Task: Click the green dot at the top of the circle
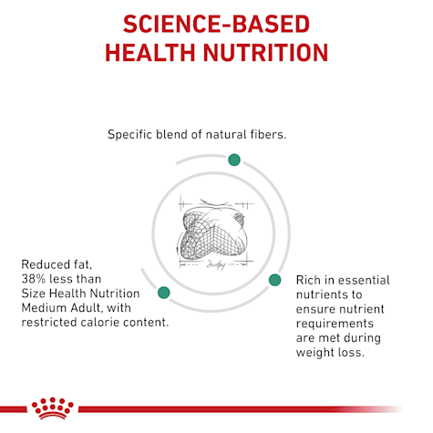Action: point(233,160)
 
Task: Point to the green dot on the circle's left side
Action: point(164,293)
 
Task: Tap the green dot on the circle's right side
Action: point(273,279)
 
